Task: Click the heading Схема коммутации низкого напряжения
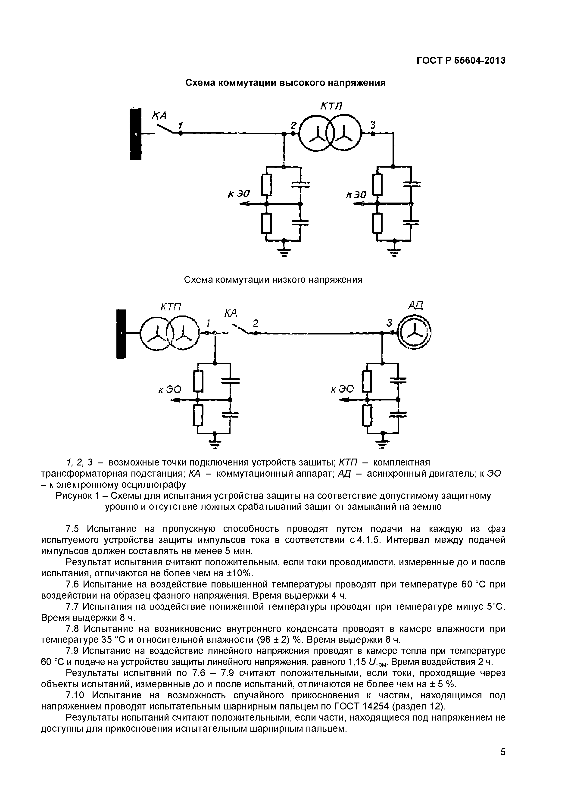[x=273, y=280]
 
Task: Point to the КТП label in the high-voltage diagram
[x=331, y=106]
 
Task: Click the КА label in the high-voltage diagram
[x=159, y=116]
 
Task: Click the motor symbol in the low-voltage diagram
[x=414, y=334]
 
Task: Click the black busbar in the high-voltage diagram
[x=136, y=134]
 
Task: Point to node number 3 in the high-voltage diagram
[x=372, y=125]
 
